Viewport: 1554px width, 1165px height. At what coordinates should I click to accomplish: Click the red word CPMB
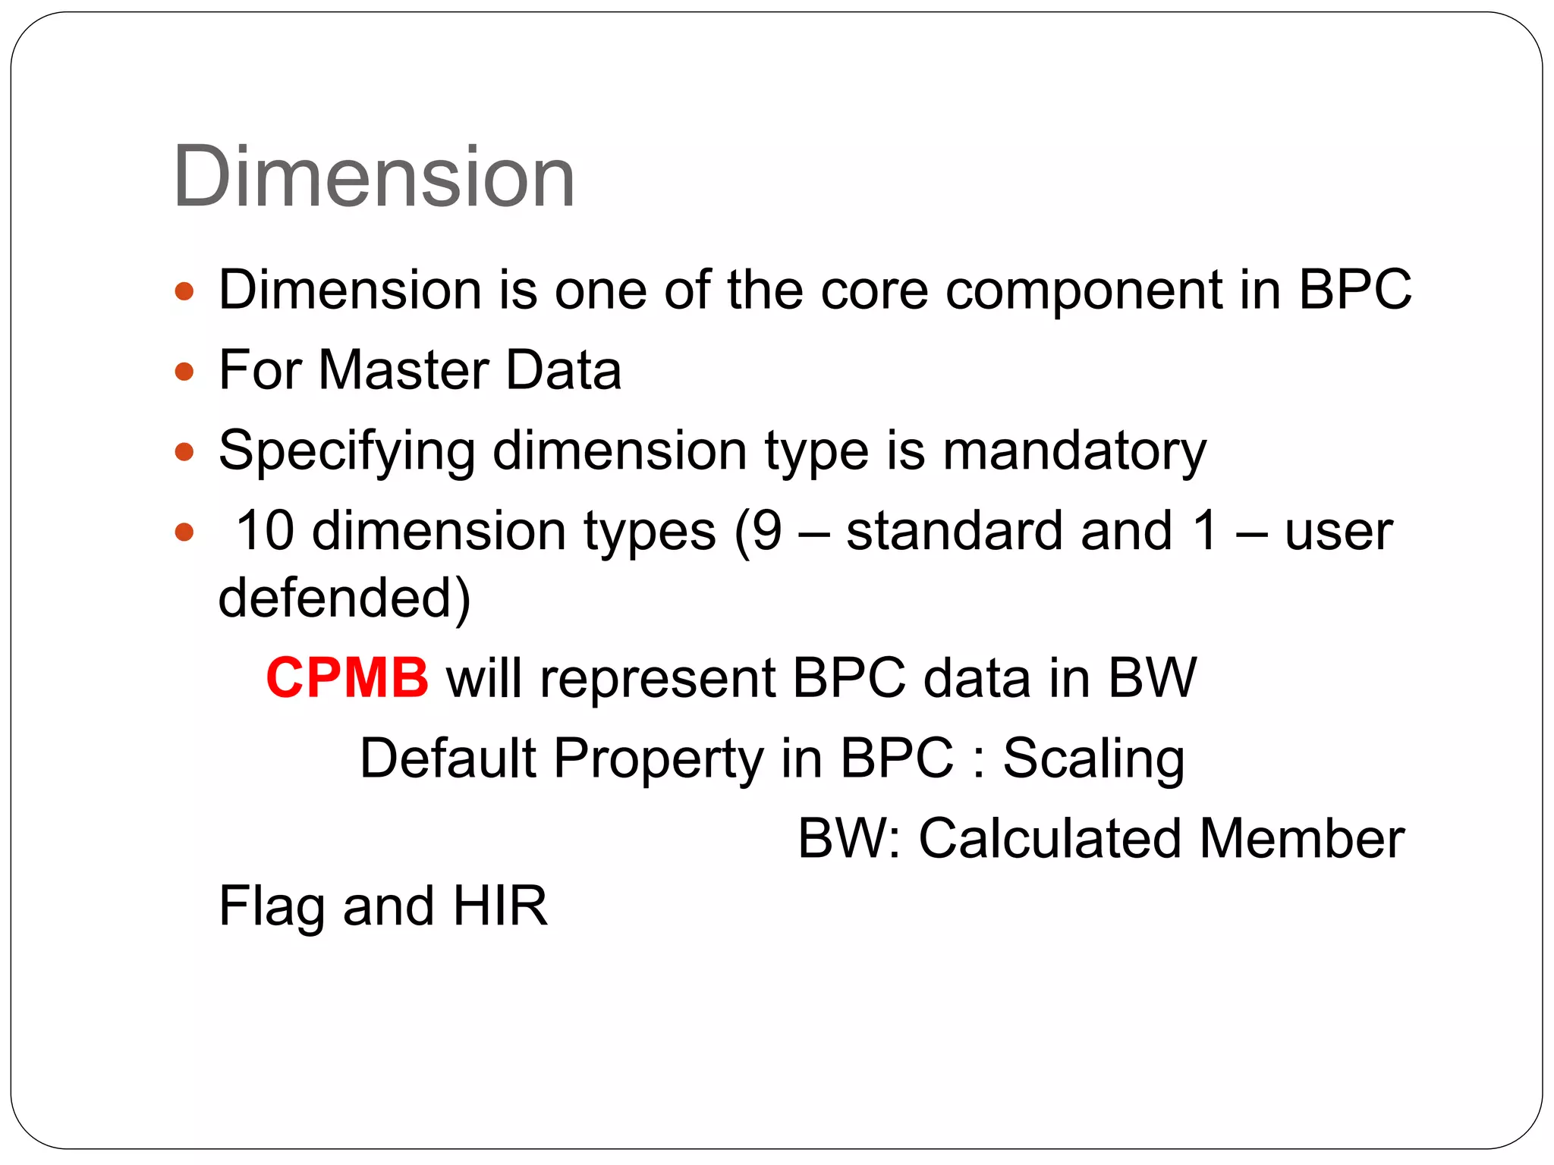pos(348,677)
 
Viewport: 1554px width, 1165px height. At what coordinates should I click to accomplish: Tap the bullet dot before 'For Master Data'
pos(184,372)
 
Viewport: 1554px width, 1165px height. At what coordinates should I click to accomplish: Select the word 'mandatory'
pos(1074,452)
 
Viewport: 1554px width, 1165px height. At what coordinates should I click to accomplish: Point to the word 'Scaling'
pos(1093,758)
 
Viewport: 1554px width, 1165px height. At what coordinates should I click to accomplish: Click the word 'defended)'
pos(344,598)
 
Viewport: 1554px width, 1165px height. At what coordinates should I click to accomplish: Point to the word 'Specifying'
pos(347,452)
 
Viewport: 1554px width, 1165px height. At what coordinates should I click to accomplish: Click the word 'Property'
pos(658,758)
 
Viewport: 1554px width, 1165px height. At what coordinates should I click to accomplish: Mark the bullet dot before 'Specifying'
pos(184,453)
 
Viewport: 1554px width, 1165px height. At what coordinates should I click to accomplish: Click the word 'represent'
pos(658,678)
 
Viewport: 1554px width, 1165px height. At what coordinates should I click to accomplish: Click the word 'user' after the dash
pos(1339,532)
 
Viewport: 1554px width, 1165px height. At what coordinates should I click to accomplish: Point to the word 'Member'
pos(1301,839)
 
